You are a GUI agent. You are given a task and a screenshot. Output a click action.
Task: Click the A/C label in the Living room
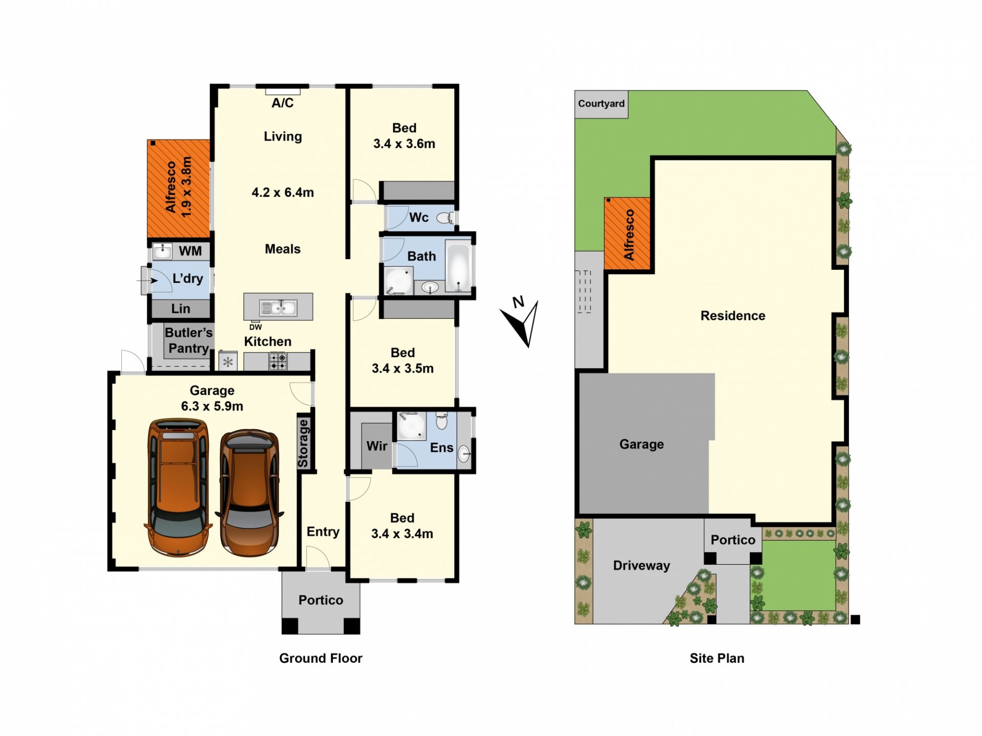[282, 103]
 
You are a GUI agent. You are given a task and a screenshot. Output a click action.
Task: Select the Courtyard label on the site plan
[601, 104]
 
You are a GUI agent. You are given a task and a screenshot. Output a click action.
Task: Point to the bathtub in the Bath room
[458, 266]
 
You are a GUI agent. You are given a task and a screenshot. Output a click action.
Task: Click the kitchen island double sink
[278, 308]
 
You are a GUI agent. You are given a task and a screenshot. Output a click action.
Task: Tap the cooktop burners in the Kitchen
[278, 361]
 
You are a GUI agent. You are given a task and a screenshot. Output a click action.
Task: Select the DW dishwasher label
[256, 327]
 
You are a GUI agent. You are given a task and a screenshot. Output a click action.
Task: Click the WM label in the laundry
[190, 251]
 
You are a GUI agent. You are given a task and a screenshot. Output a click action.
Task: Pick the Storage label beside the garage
[303, 443]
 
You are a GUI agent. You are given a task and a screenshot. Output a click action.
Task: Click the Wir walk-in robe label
[377, 446]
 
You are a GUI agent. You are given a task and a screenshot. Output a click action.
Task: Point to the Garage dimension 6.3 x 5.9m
[212, 406]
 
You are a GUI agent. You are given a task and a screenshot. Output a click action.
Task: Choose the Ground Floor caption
[321, 658]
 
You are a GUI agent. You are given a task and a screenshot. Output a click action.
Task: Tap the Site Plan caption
[717, 658]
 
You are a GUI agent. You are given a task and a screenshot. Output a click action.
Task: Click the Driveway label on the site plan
[641, 565]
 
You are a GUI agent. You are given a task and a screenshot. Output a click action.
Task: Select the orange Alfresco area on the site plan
[628, 234]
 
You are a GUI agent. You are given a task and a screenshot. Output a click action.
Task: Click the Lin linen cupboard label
[181, 309]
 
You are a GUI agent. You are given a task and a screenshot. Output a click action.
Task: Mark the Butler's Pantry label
[188, 340]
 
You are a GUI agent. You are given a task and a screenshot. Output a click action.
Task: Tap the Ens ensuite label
[441, 448]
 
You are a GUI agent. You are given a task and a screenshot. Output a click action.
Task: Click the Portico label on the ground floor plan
[321, 600]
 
